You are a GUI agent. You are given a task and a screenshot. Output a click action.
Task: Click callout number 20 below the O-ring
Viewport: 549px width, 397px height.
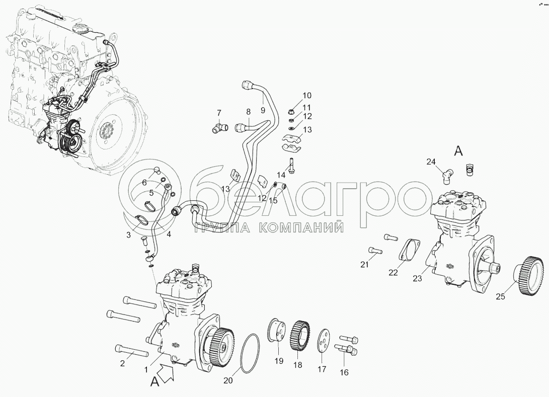[228, 380]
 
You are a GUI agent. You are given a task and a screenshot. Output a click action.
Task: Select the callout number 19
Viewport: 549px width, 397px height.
[279, 361]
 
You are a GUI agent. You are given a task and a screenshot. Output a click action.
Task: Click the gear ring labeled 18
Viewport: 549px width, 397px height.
[300, 335]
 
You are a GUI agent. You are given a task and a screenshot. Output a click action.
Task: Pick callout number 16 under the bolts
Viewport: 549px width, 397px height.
[344, 372]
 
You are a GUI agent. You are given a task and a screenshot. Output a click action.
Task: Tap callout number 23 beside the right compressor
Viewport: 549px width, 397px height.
[417, 278]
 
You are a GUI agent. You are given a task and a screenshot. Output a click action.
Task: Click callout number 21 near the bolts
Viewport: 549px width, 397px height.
[364, 265]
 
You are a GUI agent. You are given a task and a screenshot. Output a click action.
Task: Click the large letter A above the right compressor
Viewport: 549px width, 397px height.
[458, 151]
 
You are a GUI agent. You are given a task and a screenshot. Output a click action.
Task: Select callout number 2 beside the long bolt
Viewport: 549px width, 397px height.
[123, 363]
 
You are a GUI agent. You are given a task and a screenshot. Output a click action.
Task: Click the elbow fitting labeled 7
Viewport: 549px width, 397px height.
[219, 127]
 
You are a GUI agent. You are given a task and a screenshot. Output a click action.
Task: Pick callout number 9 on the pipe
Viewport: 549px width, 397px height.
[263, 111]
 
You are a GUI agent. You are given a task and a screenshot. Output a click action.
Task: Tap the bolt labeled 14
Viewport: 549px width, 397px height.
[291, 165]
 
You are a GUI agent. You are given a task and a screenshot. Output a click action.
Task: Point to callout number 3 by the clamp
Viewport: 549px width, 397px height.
[128, 235]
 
